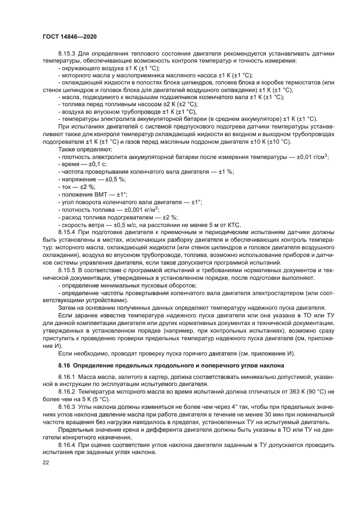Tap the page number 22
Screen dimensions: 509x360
click(x=46, y=462)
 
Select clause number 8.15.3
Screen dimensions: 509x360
click(x=68, y=53)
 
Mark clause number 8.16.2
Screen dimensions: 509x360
click(x=68, y=391)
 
